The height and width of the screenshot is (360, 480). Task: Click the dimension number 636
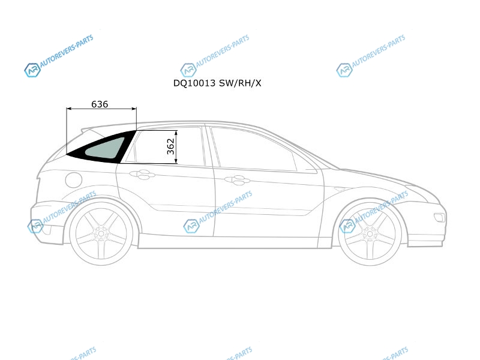(x=100, y=104)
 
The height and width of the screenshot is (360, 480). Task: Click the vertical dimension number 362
(x=171, y=146)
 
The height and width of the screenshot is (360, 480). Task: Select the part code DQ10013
(x=194, y=83)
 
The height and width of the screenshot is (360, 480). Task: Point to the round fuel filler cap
(x=73, y=179)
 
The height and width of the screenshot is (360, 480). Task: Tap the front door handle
(x=237, y=181)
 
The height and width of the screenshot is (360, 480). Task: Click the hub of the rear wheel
(x=101, y=234)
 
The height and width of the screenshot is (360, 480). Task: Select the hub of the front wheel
(x=370, y=234)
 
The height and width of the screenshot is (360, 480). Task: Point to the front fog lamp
(x=439, y=217)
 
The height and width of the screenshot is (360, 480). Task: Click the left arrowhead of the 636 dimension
(x=68, y=109)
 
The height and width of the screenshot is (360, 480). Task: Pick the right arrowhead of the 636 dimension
(x=134, y=109)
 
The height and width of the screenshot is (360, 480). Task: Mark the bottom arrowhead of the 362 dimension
(x=176, y=161)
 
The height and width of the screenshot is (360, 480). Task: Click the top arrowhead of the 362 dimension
(x=176, y=133)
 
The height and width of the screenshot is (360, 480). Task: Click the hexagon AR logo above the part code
(x=188, y=70)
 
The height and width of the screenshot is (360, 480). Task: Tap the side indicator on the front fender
(x=339, y=189)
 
